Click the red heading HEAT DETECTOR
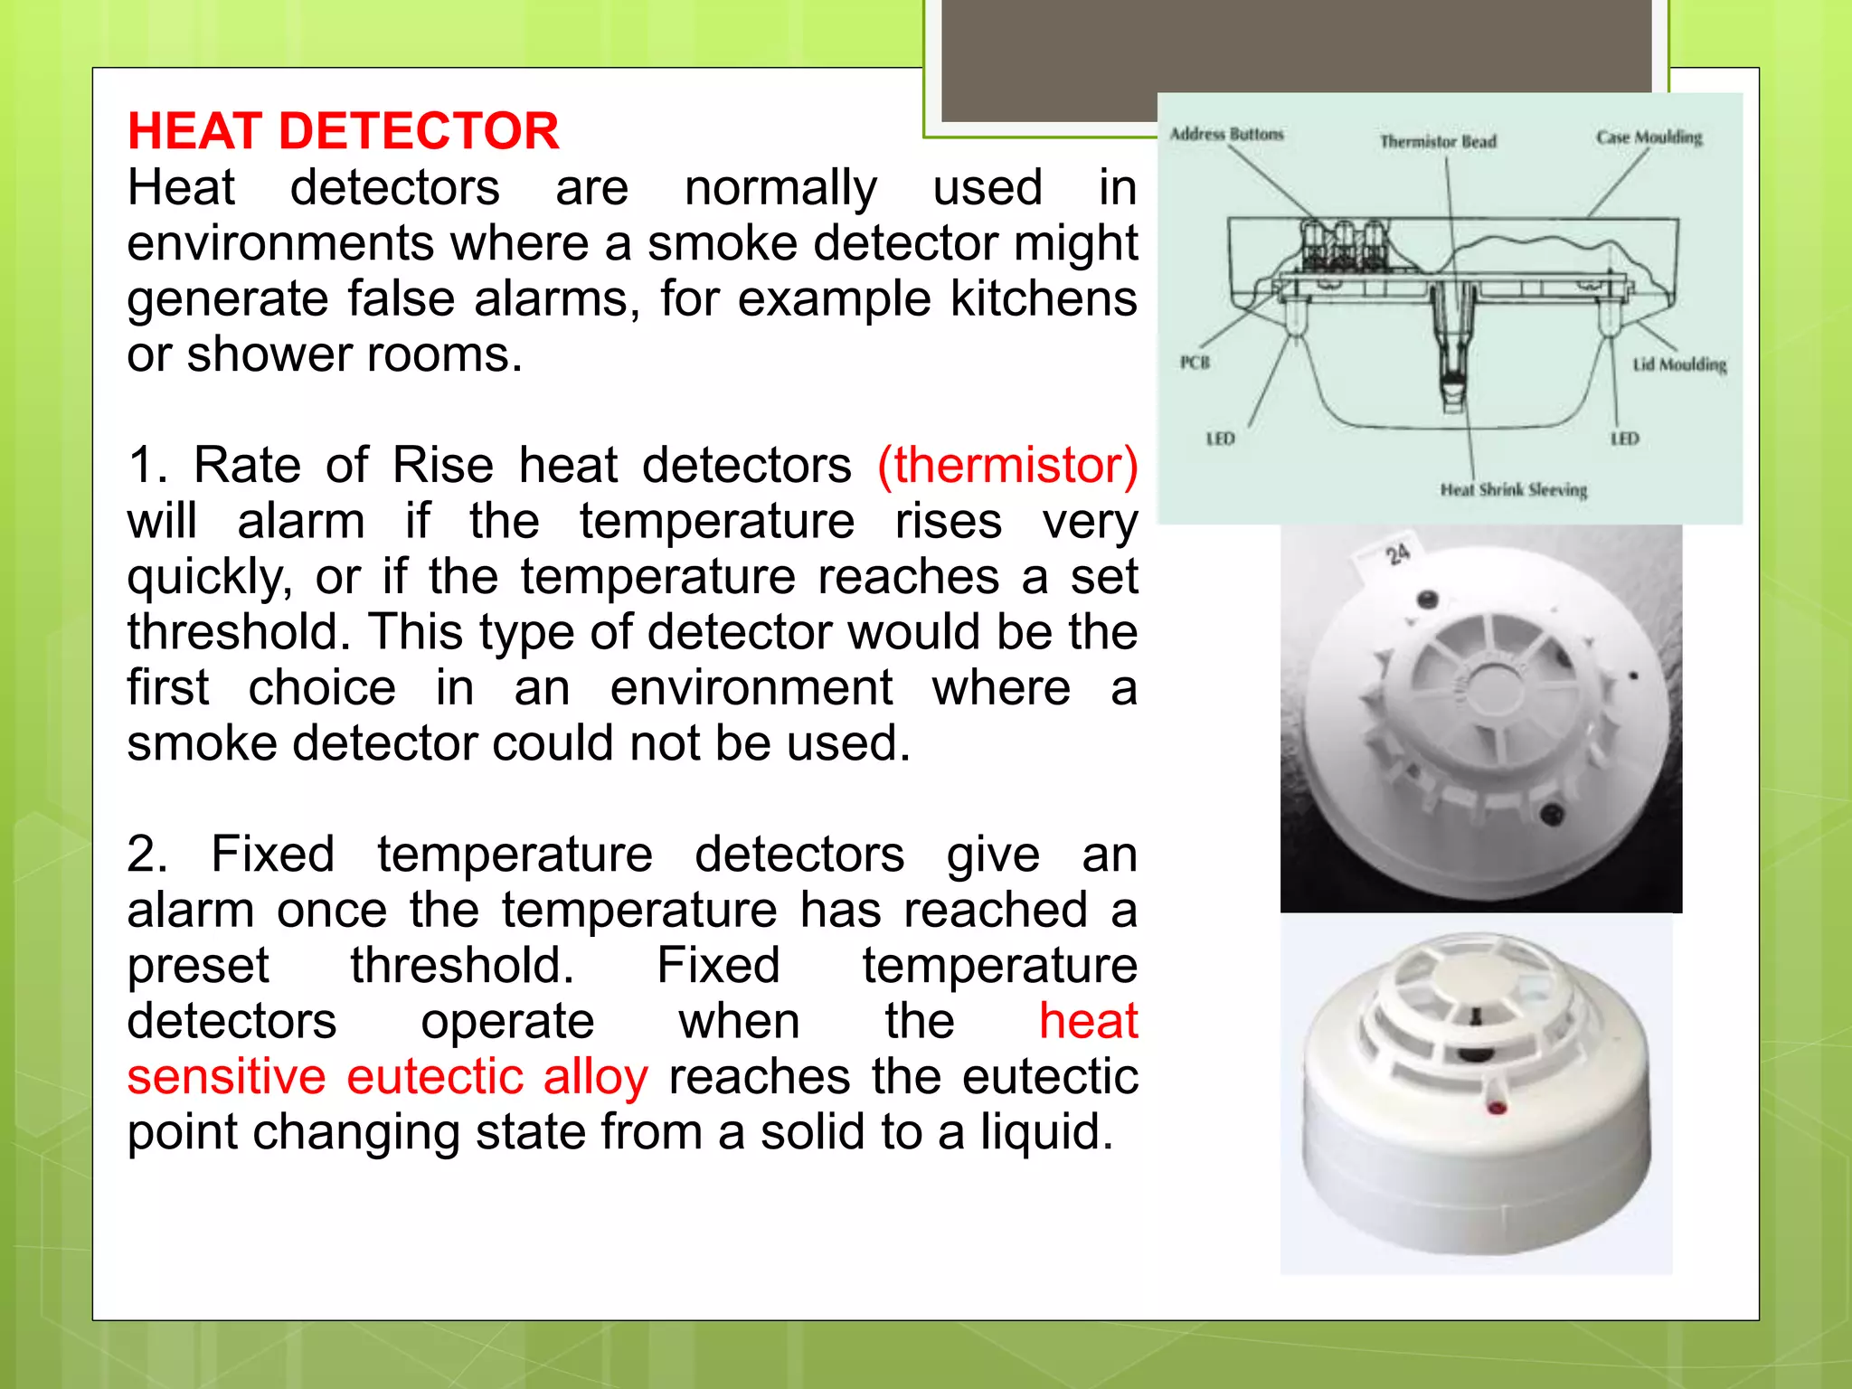343,131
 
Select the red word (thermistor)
1007,465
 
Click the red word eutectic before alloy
434,1076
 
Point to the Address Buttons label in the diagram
1226,134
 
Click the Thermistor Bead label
1437,141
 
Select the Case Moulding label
1648,137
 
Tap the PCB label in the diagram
1195,362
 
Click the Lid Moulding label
1678,364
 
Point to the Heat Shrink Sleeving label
1513,489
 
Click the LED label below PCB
1220,439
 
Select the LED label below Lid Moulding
1624,439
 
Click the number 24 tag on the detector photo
1397,553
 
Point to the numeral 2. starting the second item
146,854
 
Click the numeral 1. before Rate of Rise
146,465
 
